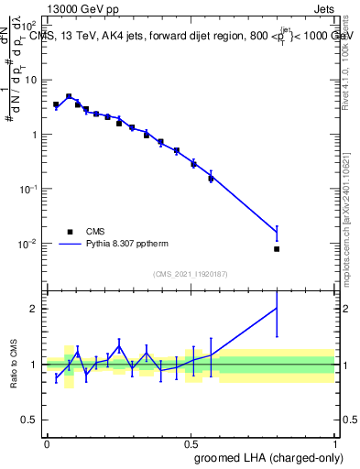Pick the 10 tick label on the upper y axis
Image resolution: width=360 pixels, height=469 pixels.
(30, 80)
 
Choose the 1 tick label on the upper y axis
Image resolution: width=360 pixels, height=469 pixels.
(34, 134)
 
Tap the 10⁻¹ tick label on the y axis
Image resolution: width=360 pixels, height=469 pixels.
(27, 189)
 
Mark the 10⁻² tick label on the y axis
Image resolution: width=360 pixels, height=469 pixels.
(27, 244)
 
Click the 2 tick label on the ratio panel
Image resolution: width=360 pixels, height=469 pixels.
(34, 309)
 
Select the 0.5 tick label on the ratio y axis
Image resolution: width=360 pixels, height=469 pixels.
(30, 420)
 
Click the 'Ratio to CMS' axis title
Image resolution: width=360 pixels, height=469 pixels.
(12, 365)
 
